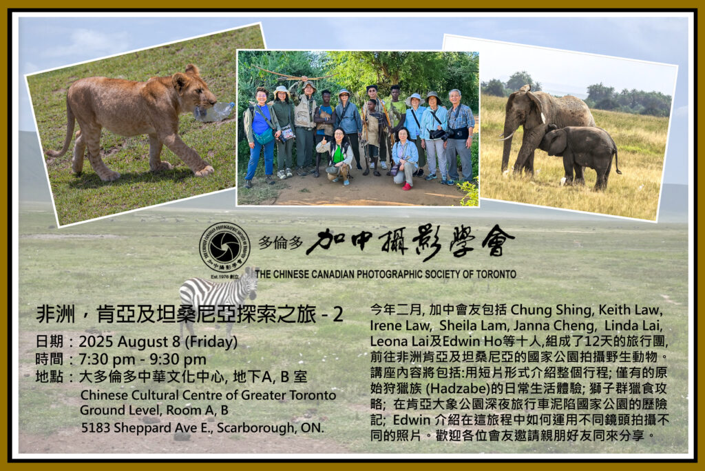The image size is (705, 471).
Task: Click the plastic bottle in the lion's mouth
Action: (215, 112)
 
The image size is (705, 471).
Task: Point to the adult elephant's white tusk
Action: (507, 137)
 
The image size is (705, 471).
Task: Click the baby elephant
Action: (580, 154)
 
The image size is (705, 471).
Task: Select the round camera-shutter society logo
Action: (224, 247)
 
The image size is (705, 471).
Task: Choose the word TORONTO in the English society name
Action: (496, 274)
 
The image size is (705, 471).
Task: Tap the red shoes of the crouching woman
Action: (407, 186)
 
